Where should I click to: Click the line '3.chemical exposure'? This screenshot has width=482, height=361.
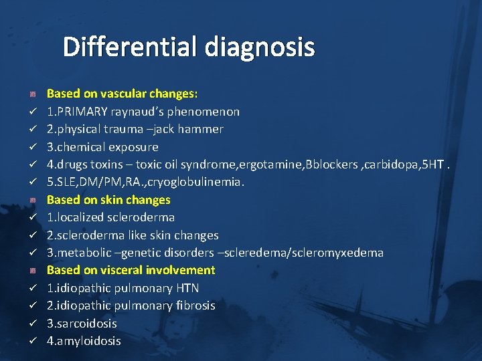[x=102, y=146]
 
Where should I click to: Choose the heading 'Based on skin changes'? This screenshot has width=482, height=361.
[x=108, y=200]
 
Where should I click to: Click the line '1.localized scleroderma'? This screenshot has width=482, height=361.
[x=110, y=217]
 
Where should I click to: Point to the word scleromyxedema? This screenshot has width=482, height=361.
[x=341, y=253]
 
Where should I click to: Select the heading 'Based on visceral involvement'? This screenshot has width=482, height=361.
[x=131, y=270]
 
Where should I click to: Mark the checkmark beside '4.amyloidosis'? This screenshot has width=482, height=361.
[x=31, y=342]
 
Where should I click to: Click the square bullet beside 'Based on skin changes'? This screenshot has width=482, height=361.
[x=31, y=200]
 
